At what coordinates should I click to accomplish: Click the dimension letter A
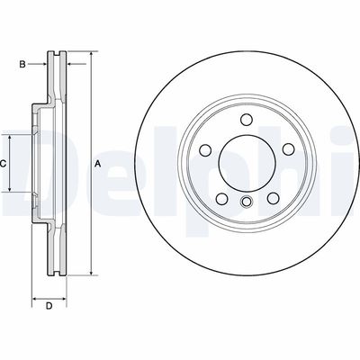click(97, 164)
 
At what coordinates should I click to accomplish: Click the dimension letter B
click(23, 64)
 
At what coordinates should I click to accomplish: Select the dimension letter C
click(4, 164)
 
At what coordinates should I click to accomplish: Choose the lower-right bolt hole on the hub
click(270, 198)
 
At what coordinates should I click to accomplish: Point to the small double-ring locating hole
click(246, 202)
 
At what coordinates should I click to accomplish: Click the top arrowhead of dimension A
click(91, 56)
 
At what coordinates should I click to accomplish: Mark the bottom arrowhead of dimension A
click(91, 273)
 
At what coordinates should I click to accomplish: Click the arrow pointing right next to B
click(41, 64)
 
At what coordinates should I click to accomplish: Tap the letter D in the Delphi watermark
click(27, 166)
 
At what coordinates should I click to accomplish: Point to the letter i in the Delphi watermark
click(346, 162)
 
